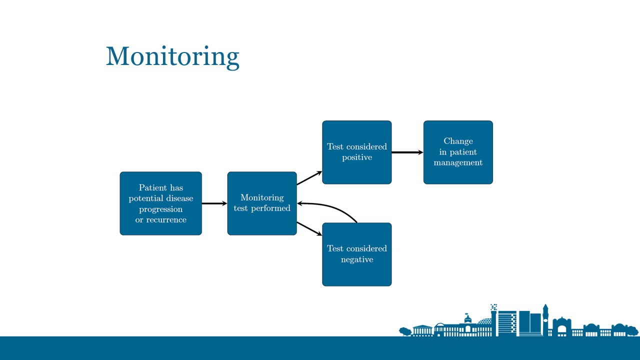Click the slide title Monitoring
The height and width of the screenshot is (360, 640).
(172, 56)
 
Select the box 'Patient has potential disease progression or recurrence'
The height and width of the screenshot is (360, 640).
(160, 203)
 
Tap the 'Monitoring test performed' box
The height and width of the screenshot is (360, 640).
(262, 203)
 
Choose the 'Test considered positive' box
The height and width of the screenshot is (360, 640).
(357, 152)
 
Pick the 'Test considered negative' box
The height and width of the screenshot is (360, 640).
(357, 254)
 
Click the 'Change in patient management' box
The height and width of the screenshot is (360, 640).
(458, 152)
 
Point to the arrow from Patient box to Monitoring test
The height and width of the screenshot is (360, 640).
(214, 203)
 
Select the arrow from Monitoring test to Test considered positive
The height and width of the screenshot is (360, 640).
(309, 178)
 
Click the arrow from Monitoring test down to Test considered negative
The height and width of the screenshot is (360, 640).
(309, 228)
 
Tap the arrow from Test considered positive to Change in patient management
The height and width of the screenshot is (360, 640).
(407, 152)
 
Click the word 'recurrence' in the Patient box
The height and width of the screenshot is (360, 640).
(166, 220)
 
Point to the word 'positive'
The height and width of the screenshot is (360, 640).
(357, 157)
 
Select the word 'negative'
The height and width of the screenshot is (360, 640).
(357, 259)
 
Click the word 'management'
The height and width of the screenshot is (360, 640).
(458, 163)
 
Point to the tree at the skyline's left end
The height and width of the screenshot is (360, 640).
(405, 330)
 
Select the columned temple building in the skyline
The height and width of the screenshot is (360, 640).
(422, 330)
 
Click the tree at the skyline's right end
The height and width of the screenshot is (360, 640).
(632, 330)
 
